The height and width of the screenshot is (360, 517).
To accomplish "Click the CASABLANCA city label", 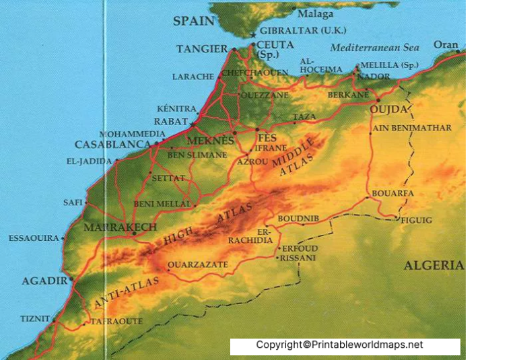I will [112, 145].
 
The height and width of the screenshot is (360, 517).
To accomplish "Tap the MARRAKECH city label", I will [120, 227].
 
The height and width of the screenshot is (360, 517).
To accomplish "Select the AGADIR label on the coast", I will [44, 281].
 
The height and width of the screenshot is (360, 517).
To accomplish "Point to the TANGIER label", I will [202, 49].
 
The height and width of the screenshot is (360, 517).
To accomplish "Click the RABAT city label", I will [171, 122].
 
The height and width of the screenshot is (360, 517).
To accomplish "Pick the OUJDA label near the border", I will [389, 109].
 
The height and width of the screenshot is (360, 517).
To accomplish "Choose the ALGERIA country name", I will [434, 265].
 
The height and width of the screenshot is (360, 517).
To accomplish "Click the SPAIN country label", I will [194, 21].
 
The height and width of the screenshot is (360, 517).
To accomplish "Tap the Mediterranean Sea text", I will [374, 48].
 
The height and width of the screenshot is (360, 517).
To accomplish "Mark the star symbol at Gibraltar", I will [253, 35].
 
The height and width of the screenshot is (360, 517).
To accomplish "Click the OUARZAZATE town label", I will [197, 264].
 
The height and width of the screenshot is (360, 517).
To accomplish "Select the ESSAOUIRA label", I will [34, 238].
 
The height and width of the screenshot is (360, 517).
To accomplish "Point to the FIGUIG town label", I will [415, 220].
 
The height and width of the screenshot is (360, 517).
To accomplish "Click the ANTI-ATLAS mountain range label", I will [127, 293].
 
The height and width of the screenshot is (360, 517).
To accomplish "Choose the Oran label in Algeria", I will [445, 45].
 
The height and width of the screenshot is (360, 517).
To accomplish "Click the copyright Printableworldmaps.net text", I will [339, 345].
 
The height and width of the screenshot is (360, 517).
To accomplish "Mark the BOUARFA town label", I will [392, 193].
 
